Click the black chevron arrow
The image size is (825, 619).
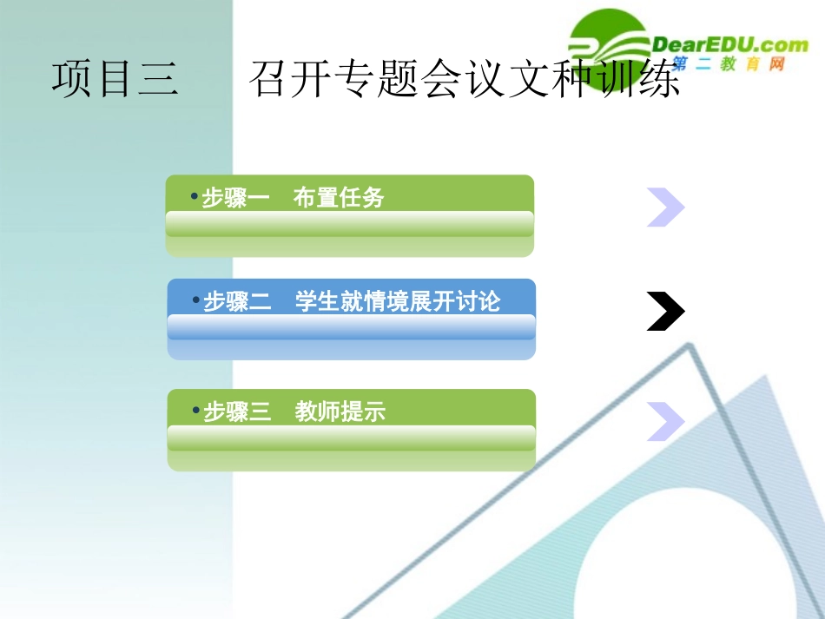tap(666, 312)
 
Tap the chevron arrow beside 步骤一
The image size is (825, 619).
tap(666, 207)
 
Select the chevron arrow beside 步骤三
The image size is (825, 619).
tap(666, 420)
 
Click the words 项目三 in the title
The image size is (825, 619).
tap(115, 79)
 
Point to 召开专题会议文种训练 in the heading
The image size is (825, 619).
tap(465, 79)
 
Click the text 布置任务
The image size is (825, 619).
tap(339, 198)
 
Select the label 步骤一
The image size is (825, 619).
tap(236, 198)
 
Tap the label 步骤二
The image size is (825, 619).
tap(238, 302)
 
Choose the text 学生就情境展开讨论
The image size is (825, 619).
tap(398, 302)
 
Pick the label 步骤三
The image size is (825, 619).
tap(238, 412)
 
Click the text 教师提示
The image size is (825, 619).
tap(340, 412)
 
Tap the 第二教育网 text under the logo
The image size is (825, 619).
tap(728, 64)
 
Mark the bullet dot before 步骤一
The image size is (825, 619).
tap(194, 196)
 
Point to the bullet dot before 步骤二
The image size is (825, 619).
tap(195, 300)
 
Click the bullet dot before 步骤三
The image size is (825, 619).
tap(195, 410)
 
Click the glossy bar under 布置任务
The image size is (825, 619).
tap(349, 224)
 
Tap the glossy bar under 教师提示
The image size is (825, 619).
tap(351, 438)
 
